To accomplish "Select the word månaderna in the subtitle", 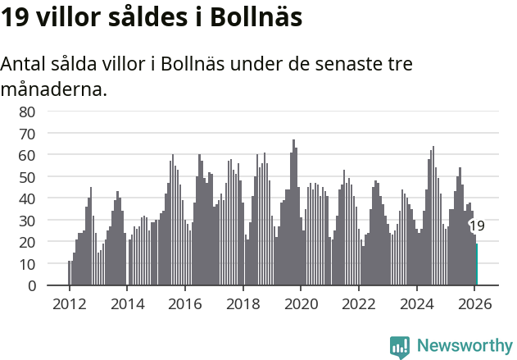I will [54, 89].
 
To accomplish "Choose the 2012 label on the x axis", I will [69, 302].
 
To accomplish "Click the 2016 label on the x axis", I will [185, 302].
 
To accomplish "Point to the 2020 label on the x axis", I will [301, 302].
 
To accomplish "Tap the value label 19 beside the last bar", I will [477, 226].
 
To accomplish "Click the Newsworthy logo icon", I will [400, 346].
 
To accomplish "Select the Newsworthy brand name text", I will [464, 346].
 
